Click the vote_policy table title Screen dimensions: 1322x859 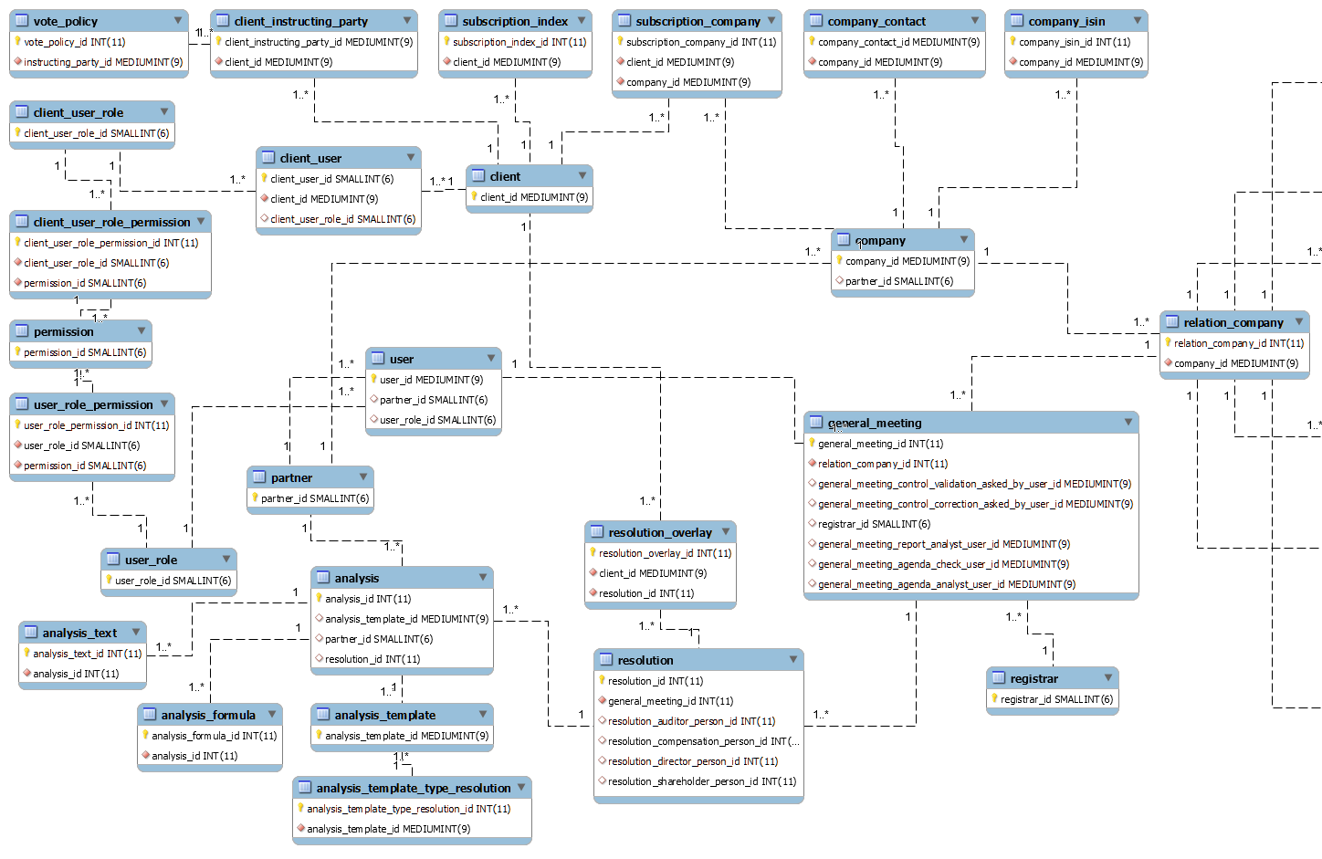66,21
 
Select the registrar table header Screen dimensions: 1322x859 1053,678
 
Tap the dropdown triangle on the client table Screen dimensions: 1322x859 582,175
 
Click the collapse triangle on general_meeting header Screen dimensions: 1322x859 1128,422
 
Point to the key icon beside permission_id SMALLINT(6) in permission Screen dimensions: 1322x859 17,351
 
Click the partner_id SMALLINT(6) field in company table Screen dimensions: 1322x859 899,281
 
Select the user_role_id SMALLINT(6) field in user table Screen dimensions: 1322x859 437,420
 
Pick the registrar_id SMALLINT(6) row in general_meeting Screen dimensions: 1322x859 874,524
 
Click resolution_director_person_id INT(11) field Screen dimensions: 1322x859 693,761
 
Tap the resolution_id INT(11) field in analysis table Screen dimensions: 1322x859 372,659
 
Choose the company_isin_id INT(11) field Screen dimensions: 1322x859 1074,42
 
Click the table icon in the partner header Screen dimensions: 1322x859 259,477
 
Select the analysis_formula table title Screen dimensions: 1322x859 208,715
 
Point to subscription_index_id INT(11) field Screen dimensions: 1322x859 519,42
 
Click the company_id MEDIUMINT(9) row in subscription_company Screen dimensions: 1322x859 688,82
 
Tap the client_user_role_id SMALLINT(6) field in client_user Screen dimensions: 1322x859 343,219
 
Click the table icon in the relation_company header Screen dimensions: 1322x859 1172,321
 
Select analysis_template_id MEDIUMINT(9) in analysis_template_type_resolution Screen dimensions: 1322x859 388,829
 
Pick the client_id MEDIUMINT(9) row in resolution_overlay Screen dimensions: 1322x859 653,573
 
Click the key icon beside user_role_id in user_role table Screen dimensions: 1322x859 110,580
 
